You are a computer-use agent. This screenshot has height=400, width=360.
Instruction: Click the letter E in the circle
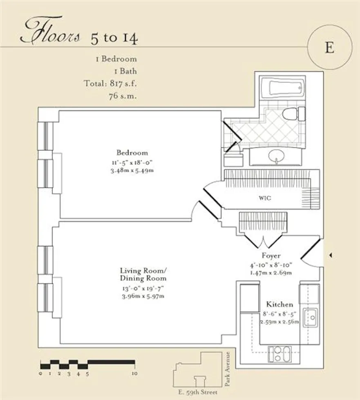pyautogui.click(x=329, y=47)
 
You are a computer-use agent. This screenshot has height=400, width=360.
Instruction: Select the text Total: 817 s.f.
pyautogui.click(x=110, y=84)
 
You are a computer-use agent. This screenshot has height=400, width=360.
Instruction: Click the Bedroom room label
pyautogui.click(x=132, y=153)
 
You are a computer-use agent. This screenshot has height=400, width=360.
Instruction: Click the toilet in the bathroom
pyautogui.click(x=293, y=114)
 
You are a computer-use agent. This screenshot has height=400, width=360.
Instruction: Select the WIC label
pyautogui.click(x=265, y=199)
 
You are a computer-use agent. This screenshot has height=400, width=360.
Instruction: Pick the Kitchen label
pyautogui.click(x=280, y=304)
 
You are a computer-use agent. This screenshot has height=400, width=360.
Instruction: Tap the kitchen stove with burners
pyautogui.click(x=280, y=353)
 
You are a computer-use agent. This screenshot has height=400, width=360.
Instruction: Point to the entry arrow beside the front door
pyautogui.click(x=330, y=255)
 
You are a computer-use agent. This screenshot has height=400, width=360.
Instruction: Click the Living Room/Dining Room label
pyautogui.click(x=143, y=274)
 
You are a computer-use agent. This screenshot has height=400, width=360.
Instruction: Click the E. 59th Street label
pyautogui.click(x=199, y=393)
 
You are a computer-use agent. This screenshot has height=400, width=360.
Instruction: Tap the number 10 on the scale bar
pyautogui.click(x=134, y=373)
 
